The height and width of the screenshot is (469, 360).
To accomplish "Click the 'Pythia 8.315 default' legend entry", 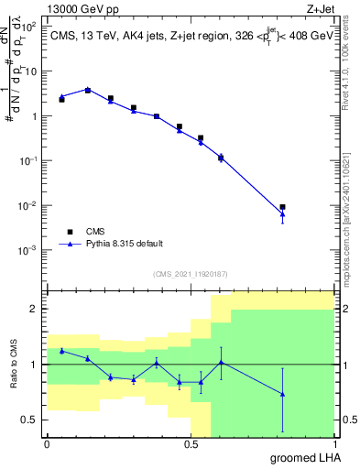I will click(124, 245).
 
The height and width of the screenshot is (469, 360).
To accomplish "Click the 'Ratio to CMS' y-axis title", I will click(13, 365).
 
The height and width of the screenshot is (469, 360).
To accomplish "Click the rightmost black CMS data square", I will click(283, 207).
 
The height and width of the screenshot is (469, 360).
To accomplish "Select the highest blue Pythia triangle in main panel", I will click(88, 90).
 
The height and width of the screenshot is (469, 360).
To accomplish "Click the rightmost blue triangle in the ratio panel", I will click(283, 394).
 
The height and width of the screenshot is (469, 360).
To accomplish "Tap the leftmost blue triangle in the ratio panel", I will click(61, 351).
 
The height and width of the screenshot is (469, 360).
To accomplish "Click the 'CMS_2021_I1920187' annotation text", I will click(191, 273).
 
